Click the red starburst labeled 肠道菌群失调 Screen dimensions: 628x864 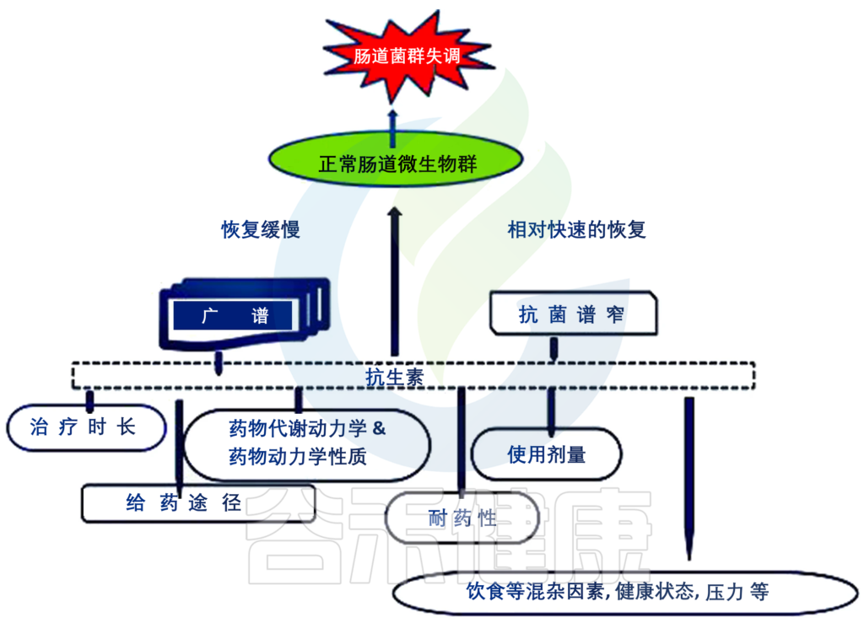[396, 58]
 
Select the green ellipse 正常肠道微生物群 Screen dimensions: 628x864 [396, 163]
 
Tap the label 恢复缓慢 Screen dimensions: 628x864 [261, 230]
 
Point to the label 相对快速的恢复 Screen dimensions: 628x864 [576, 229]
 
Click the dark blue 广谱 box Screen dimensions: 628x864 [235, 316]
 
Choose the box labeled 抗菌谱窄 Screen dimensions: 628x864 [572, 314]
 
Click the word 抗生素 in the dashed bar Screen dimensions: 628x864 [393, 377]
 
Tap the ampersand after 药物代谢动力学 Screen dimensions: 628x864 [379, 427]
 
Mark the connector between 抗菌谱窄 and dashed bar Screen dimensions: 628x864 [554, 349]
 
